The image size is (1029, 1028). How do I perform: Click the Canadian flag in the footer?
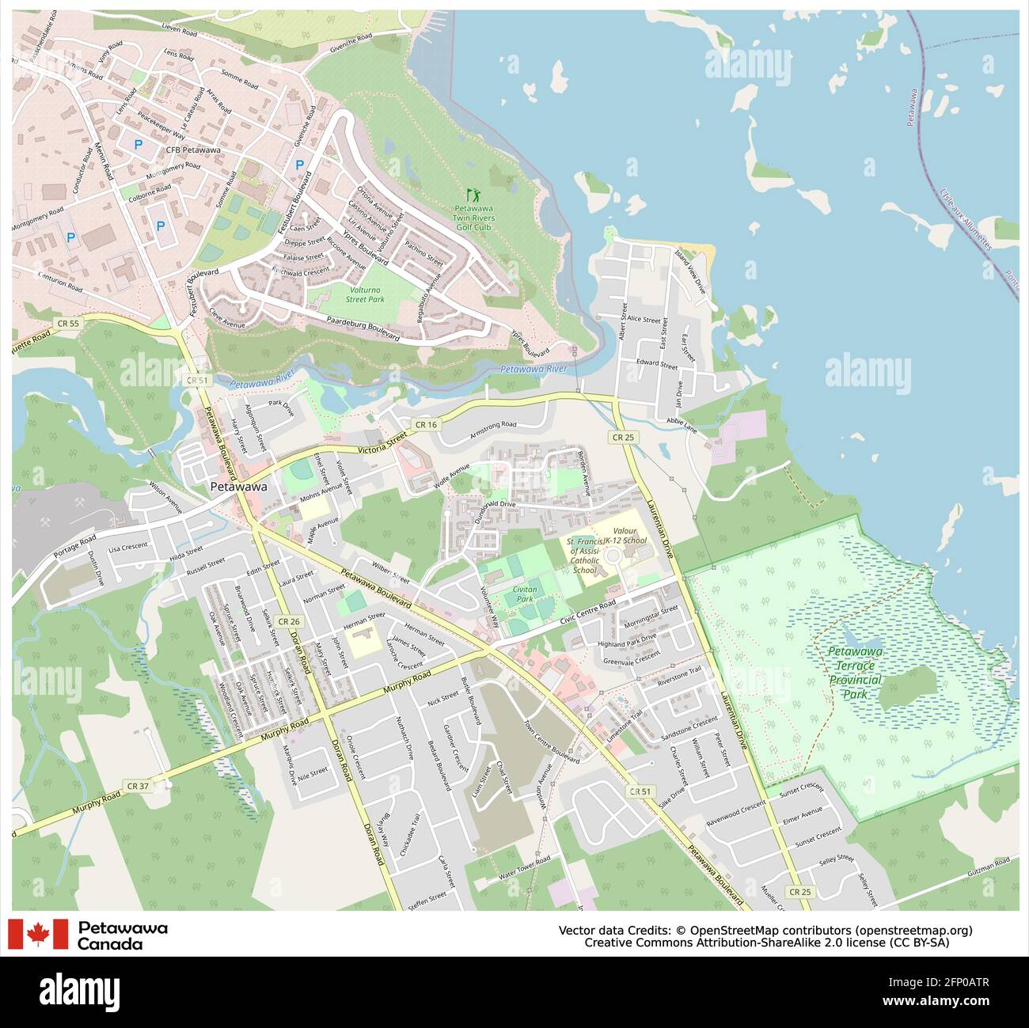(38, 934)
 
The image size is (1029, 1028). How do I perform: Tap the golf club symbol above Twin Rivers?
(474, 193)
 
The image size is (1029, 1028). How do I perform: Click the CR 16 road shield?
(425, 425)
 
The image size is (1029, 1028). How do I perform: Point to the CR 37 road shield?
(137, 786)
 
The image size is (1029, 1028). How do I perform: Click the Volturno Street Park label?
(365, 294)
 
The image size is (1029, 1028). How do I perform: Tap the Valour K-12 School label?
(625, 535)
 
